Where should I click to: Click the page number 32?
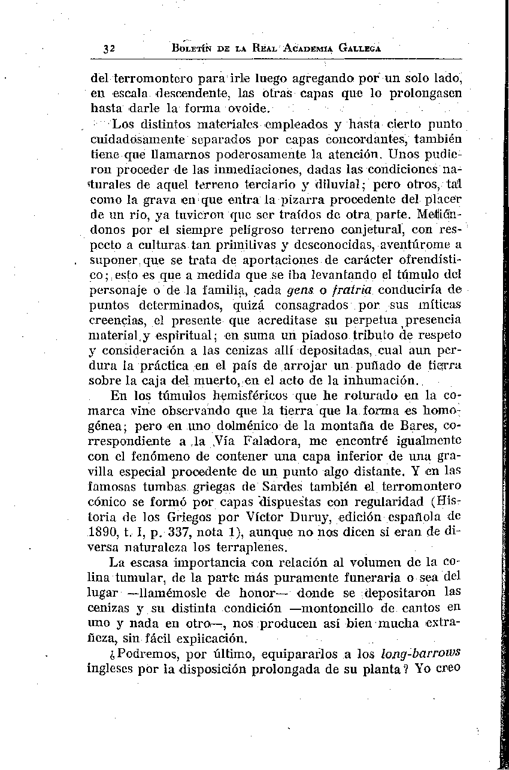pyautogui.click(x=108, y=49)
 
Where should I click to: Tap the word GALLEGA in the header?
pyautogui.click(x=357, y=47)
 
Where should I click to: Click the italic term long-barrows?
pyautogui.click(x=421, y=653)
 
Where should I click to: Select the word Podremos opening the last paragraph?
pyautogui.click(x=137, y=653)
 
